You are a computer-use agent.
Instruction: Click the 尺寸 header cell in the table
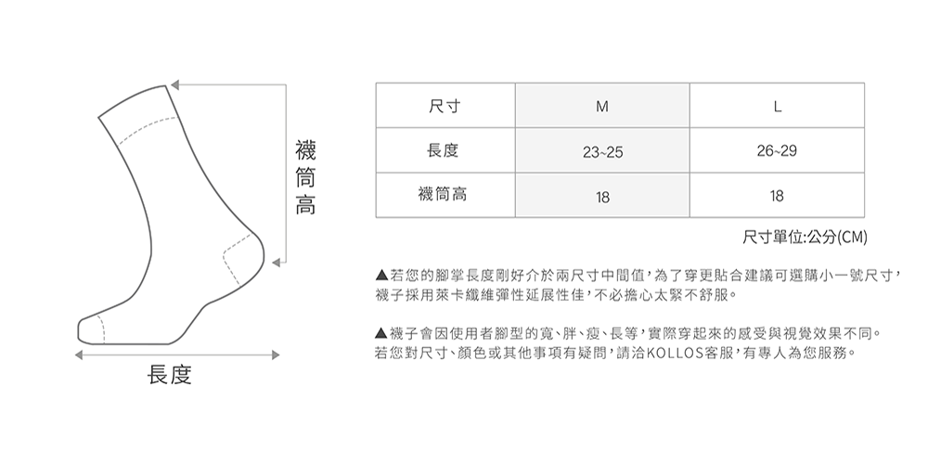click(x=445, y=106)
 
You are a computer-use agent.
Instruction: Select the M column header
click(x=602, y=106)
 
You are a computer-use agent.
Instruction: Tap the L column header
click(x=777, y=106)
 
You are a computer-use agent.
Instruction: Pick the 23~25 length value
click(x=602, y=151)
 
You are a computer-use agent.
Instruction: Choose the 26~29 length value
click(x=777, y=150)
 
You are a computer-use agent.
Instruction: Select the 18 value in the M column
click(x=602, y=196)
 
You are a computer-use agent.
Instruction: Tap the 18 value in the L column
click(x=777, y=196)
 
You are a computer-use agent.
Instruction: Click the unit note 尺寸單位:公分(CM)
click(x=805, y=238)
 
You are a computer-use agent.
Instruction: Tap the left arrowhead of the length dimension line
click(x=81, y=354)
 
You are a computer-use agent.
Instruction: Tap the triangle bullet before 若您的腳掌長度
click(x=380, y=277)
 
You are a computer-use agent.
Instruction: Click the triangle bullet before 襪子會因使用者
click(x=380, y=333)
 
